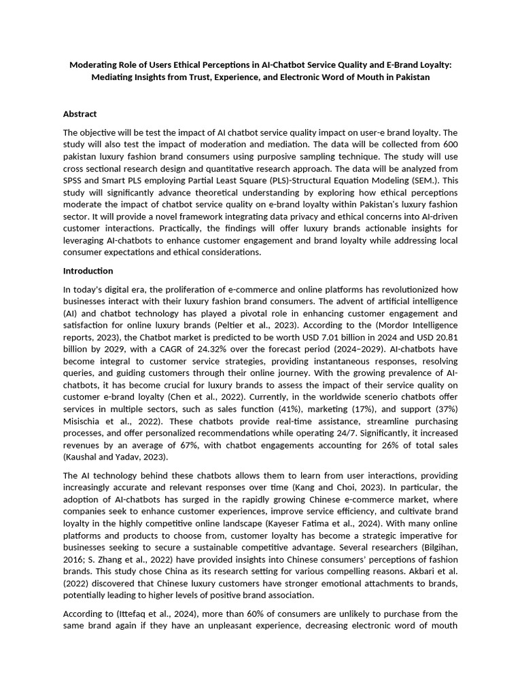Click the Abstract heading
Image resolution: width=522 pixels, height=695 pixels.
80,114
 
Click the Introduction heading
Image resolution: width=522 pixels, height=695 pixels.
88,271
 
